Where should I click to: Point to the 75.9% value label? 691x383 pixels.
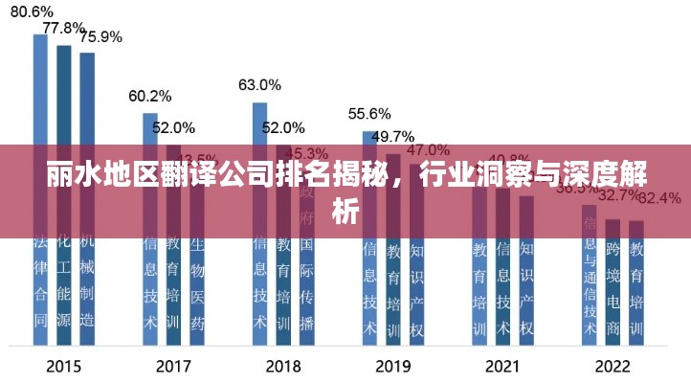point(100,37)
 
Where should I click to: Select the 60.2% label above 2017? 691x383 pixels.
point(149,96)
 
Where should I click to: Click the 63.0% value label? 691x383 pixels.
point(259,85)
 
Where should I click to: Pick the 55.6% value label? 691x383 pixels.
point(369,113)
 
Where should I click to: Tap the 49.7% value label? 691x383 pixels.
point(392,136)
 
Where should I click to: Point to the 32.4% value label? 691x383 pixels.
point(659,198)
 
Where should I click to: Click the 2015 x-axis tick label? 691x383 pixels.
point(64,366)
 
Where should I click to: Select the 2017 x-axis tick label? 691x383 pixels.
point(173,366)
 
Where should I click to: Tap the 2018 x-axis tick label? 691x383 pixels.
point(283,366)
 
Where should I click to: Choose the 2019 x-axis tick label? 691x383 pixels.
point(392,366)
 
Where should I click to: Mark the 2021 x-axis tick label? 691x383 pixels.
point(502,366)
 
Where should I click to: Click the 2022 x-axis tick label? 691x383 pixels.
point(613,366)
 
